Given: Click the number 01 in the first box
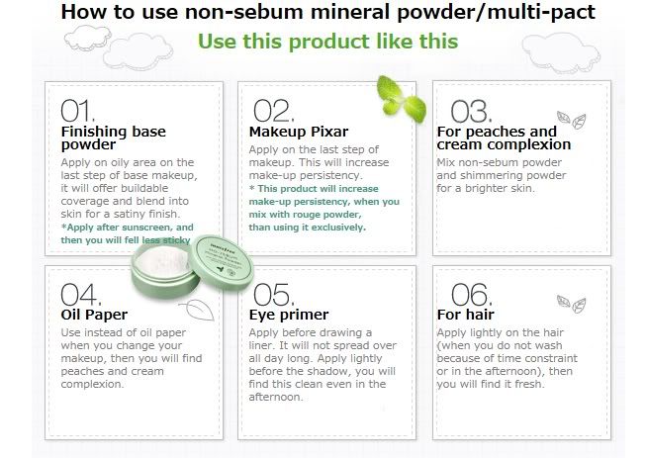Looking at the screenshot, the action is (78, 111).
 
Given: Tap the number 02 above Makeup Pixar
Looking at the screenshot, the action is (274, 111).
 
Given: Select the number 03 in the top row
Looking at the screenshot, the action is (471, 111).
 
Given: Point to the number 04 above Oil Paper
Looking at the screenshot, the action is (81, 294).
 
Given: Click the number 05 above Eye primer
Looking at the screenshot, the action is (274, 294).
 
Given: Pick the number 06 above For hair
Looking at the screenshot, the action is (472, 294).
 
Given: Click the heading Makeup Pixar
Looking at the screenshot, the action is (299, 132).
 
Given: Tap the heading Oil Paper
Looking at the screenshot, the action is (94, 315).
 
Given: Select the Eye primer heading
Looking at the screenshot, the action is (289, 316).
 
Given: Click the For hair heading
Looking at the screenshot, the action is (466, 315).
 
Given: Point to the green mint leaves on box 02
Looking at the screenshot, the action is (402, 99).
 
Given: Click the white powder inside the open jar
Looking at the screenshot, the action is (161, 260).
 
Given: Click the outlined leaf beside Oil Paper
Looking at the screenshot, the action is (198, 310).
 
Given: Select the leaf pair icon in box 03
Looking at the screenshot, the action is (572, 120).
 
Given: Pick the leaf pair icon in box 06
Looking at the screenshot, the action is (572, 304).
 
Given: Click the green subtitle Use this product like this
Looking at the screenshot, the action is (327, 42).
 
